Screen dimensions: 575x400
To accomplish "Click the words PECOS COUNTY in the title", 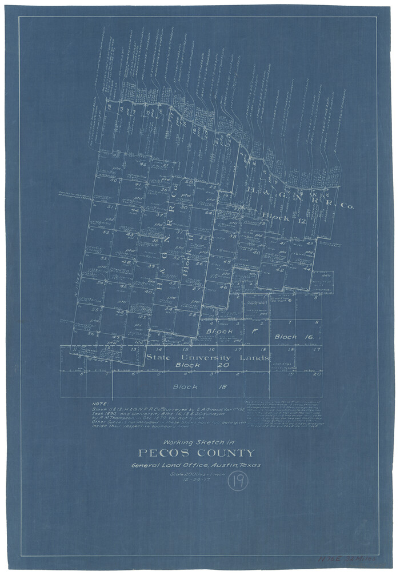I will (x=195, y=453).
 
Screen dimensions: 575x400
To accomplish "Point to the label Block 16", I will (x=294, y=337).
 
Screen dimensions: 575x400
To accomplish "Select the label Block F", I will (x=223, y=332).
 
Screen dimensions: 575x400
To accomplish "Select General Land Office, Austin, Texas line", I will (x=195, y=465).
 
